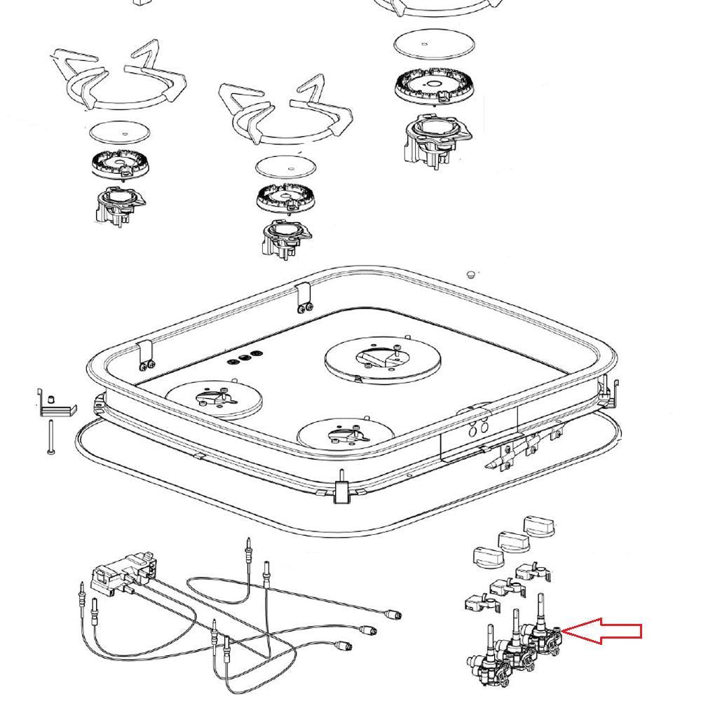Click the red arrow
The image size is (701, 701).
(603, 631)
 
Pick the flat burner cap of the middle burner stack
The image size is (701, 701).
(285, 166)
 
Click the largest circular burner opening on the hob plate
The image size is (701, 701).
(383, 360)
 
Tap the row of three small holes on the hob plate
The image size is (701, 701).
(245, 360)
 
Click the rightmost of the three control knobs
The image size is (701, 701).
(542, 526)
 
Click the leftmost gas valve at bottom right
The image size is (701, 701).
(484, 655)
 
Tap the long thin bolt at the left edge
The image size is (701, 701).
(50, 436)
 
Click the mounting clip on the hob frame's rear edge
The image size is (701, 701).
(304, 297)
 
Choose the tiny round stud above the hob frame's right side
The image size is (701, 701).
(472, 273)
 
